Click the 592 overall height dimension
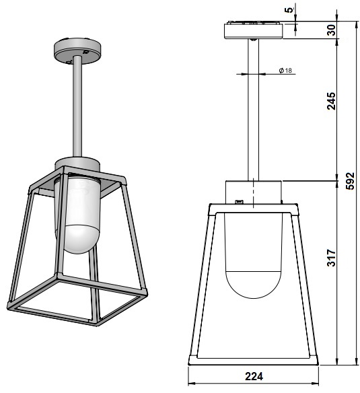point(350,181)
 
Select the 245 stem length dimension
point(332,101)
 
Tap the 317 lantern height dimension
point(332,258)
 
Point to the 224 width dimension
point(254,376)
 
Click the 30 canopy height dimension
point(332,30)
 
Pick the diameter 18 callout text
point(285,71)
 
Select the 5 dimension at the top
point(290,10)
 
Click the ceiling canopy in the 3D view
point(77,51)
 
